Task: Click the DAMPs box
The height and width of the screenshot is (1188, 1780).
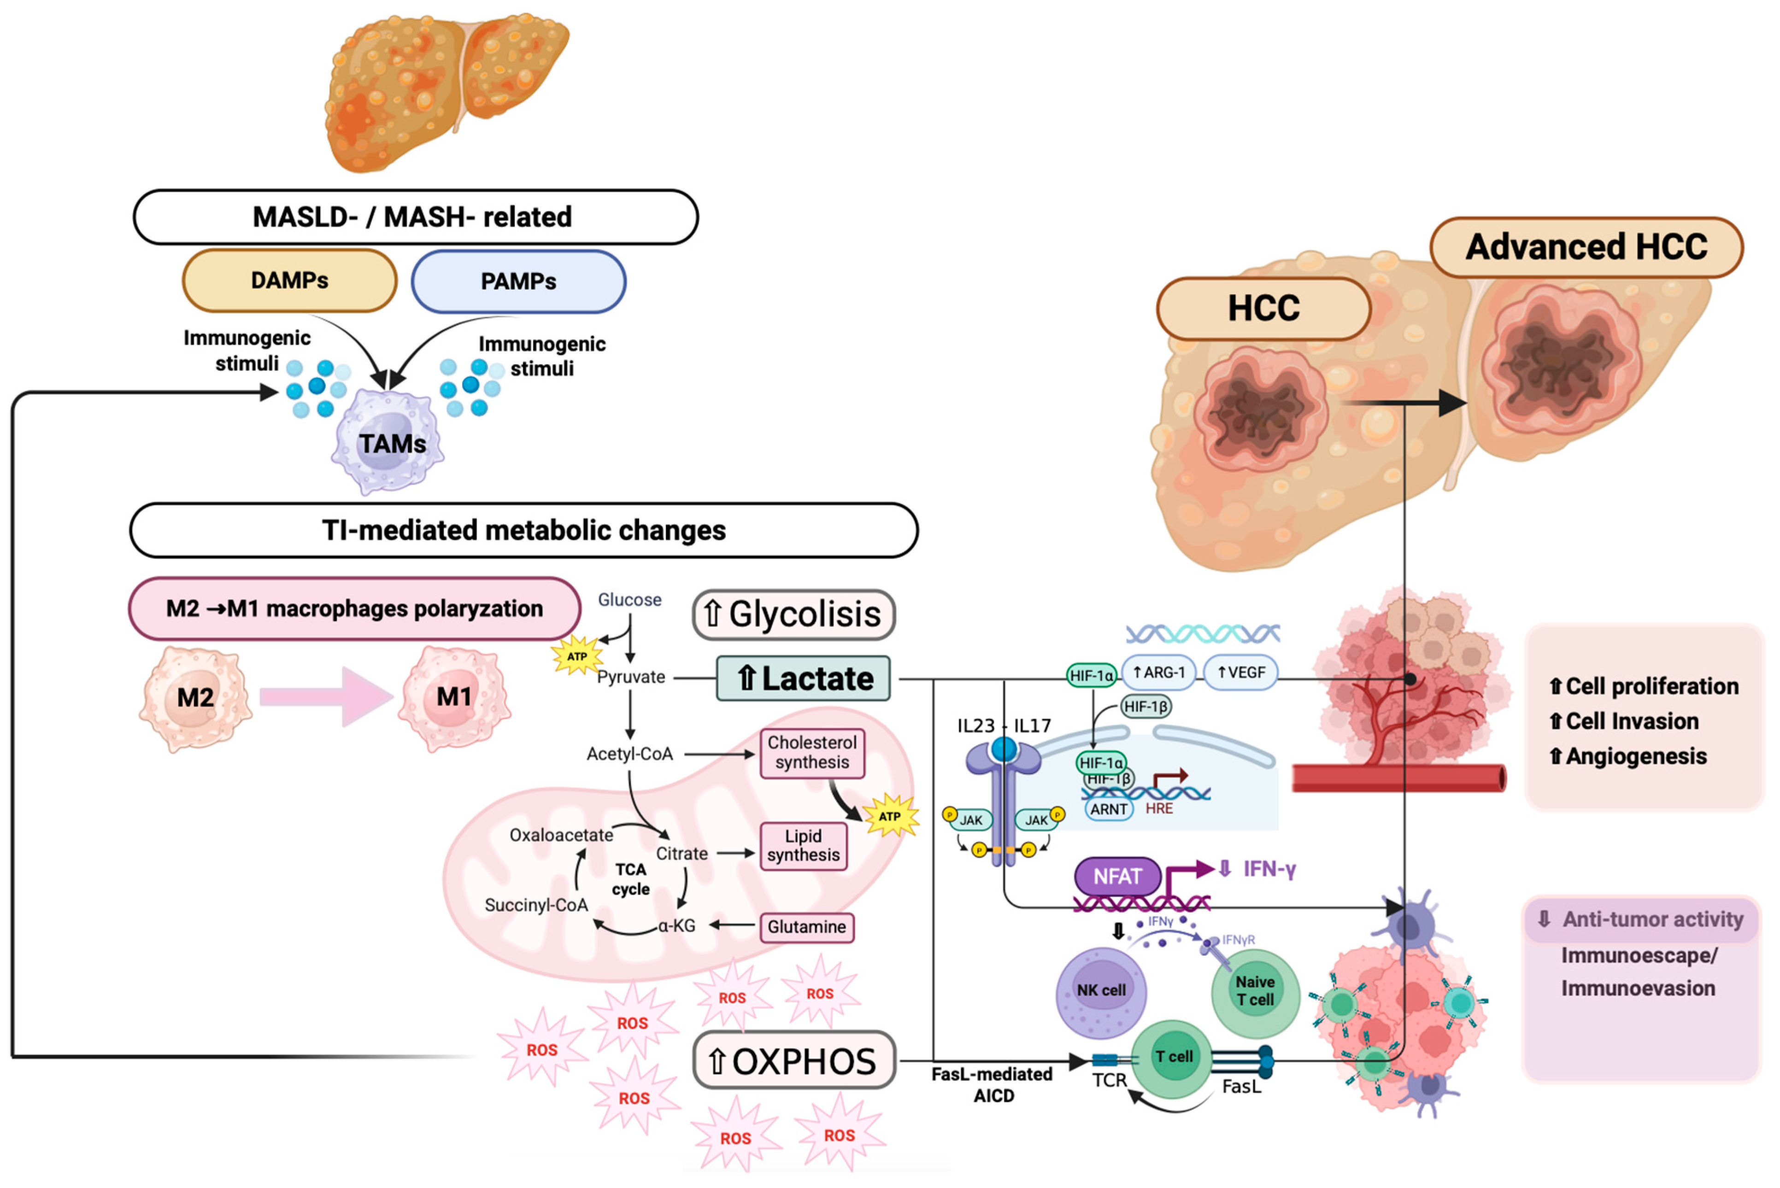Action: [x=289, y=281]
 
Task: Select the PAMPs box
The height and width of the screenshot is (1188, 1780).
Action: [x=518, y=281]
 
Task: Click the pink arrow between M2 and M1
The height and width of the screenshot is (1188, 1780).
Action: [x=326, y=696]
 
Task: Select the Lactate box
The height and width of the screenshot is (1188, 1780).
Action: [x=803, y=678]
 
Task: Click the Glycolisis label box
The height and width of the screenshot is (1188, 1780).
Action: [x=793, y=614]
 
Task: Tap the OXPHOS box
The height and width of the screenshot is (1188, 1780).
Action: [x=794, y=1061]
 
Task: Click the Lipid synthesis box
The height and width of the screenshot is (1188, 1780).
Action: [x=803, y=846]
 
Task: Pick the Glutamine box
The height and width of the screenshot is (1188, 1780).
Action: [x=806, y=927]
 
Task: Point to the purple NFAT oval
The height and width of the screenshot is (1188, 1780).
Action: [x=1117, y=877]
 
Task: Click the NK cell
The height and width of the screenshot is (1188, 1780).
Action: [x=1101, y=991]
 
